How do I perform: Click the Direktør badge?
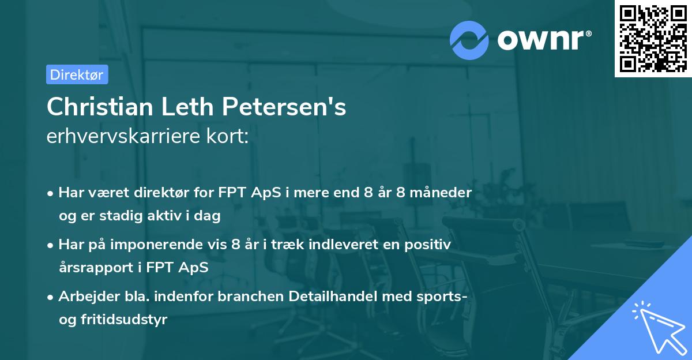tap(77, 74)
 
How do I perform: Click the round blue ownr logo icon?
tap(469, 39)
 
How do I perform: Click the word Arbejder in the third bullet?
tap(85, 297)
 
